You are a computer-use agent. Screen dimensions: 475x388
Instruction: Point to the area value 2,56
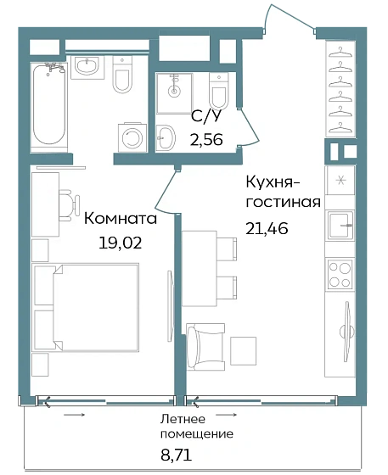pos(205,141)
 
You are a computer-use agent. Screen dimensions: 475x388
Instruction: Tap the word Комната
pos(120,218)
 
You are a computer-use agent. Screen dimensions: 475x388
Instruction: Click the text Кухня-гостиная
pos(282,192)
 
